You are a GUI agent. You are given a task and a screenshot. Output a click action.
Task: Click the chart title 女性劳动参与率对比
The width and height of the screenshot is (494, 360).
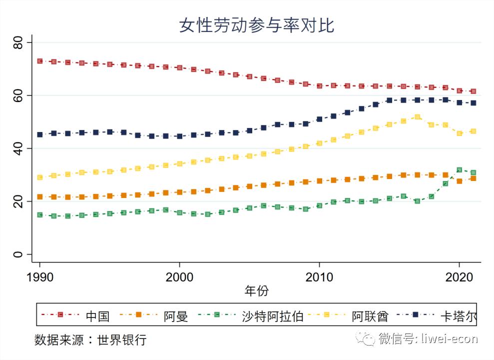(x=257, y=25)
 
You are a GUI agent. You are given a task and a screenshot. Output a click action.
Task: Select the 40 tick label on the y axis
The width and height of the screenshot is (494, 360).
(x=18, y=148)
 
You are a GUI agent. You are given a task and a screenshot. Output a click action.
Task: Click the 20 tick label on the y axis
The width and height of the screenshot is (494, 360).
(x=18, y=201)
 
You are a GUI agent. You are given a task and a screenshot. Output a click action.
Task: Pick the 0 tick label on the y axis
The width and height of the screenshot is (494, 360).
(x=18, y=254)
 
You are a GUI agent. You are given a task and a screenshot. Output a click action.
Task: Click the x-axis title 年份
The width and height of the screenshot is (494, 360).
(x=256, y=290)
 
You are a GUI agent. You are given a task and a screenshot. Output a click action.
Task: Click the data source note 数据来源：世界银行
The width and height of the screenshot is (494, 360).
(x=90, y=340)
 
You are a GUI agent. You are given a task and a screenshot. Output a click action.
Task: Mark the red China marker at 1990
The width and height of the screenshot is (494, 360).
(x=40, y=61)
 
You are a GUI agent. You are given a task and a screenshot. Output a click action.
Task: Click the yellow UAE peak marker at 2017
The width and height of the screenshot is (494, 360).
(x=417, y=117)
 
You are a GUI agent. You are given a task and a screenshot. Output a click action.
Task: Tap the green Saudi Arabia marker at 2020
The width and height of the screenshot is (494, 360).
(x=459, y=170)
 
